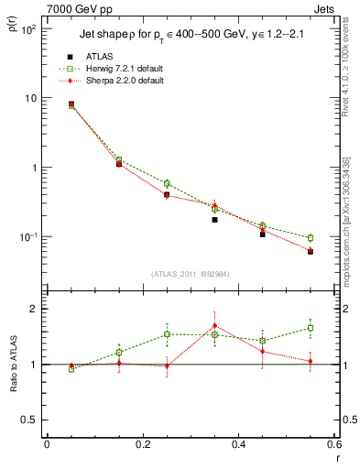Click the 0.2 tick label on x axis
[x=142, y=444]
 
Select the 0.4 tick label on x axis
[x=238, y=444]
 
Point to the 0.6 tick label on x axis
[x=333, y=444]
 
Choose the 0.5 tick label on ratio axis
[x=30, y=420]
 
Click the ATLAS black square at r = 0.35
[x=214, y=220]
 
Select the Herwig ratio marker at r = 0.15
[x=119, y=352]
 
